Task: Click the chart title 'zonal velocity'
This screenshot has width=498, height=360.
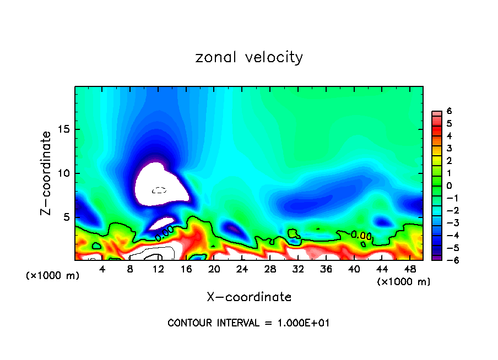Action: coord(249,57)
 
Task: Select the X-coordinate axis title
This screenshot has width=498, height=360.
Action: coord(249,297)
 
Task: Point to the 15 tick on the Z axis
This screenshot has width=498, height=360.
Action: coord(66,129)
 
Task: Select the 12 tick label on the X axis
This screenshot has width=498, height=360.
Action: coord(158,269)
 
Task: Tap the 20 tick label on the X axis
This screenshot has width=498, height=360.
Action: coord(214,269)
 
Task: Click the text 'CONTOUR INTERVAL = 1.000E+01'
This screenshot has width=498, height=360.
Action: coord(248,323)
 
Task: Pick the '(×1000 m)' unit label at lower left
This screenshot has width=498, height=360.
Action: coord(53,275)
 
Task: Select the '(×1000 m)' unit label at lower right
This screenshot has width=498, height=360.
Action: coord(404,281)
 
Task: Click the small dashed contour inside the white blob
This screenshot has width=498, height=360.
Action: coord(159,190)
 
